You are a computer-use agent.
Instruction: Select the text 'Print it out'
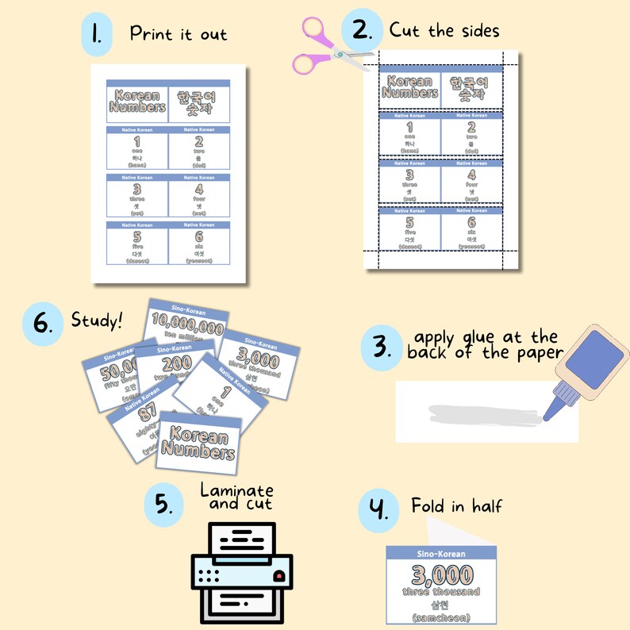point(179,34)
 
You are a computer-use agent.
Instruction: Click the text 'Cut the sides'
point(444,31)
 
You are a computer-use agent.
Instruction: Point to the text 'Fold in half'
point(456,505)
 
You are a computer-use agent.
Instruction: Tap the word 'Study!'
point(97,321)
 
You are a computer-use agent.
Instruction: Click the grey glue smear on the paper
point(484,413)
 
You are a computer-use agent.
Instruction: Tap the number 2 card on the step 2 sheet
point(471,135)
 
